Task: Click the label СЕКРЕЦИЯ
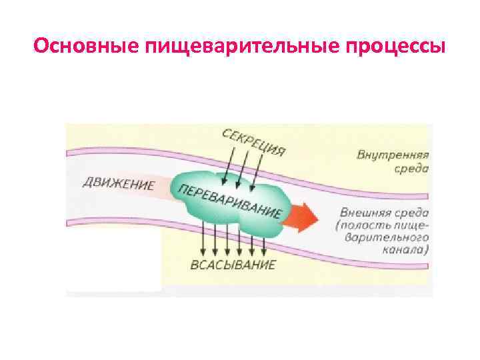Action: click(x=254, y=141)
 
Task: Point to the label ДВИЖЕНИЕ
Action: click(x=118, y=183)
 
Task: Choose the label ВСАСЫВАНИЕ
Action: click(x=233, y=264)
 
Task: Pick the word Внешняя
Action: click(x=362, y=213)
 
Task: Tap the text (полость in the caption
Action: click(x=360, y=225)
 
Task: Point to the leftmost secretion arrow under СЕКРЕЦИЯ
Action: click(x=226, y=167)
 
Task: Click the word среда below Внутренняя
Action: click(x=412, y=168)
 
